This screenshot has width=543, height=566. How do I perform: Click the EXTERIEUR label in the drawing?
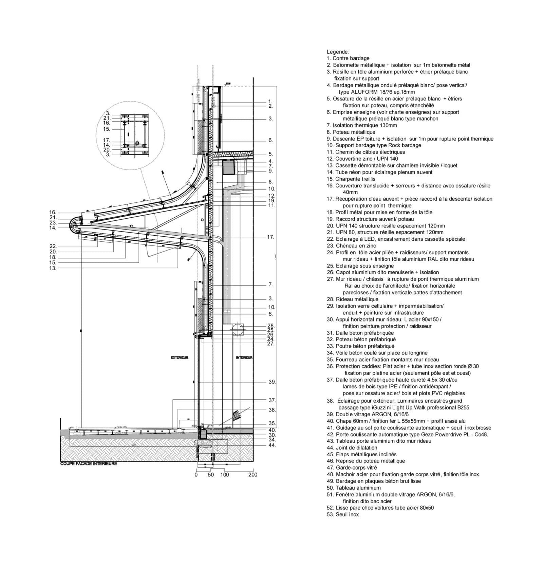[x=180, y=358]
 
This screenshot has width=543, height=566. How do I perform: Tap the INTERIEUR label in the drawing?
[x=244, y=358]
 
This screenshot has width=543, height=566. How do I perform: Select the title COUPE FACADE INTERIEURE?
[x=89, y=463]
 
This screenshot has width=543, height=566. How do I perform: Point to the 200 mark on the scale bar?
[x=253, y=475]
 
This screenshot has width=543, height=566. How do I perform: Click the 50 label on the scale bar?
[x=211, y=475]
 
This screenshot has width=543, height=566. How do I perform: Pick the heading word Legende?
[x=337, y=52]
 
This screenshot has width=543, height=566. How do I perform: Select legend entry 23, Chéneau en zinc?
[x=351, y=245]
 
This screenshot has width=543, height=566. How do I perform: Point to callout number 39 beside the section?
[x=272, y=382]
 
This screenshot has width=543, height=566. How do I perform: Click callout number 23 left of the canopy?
[x=53, y=223]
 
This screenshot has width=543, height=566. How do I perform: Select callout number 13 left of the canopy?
[x=53, y=268]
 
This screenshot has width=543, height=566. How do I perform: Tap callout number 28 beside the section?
[x=271, y=326]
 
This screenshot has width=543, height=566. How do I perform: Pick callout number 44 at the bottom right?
[x=272, y=445]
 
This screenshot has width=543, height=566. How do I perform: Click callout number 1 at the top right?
[x=270, y=102]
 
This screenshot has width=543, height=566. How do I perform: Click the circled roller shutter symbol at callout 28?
[x=238, y=328]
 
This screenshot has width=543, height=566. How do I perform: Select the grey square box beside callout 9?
[x=229, y=168]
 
